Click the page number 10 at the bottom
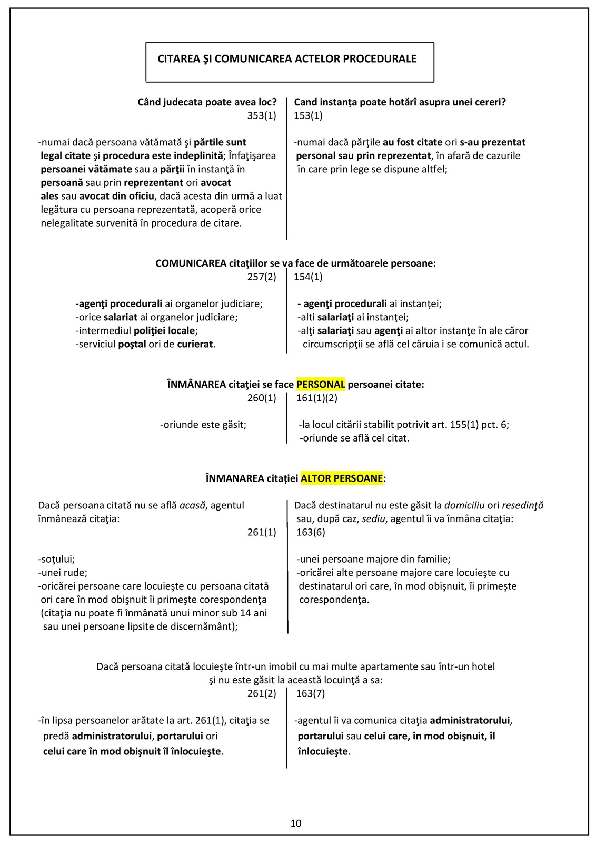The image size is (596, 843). pyautogui.click(x=296, y=824)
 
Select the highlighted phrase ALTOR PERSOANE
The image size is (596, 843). pyautogui.click(x=342, y=478)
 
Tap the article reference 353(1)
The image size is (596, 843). pyautogui.click(x=262, y=115)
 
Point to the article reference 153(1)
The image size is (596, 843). pyautogui.click(x=309, y=115)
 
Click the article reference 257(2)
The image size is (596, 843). pyautogui.click(x=262, y=277)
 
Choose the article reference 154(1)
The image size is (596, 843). pyautogui.click(x=309, y=277)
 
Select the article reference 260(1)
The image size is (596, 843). pyautogui.click(x=262, y=398)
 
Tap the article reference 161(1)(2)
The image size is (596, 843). pyautogui.click(x=317, y=398)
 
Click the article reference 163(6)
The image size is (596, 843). pyautogui.click(x=311, y=532)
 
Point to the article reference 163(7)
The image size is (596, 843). pyautogui.click(x=311, y=693)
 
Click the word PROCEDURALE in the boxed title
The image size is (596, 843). pyautogui.click(x=380, y=59)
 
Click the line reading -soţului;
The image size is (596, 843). pyautogui.click(x=57, y=559)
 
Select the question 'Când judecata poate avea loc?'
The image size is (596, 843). pyautogui.click(x=207, y=102)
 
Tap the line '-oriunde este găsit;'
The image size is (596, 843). pyautogui.click(x=203, y=424)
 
